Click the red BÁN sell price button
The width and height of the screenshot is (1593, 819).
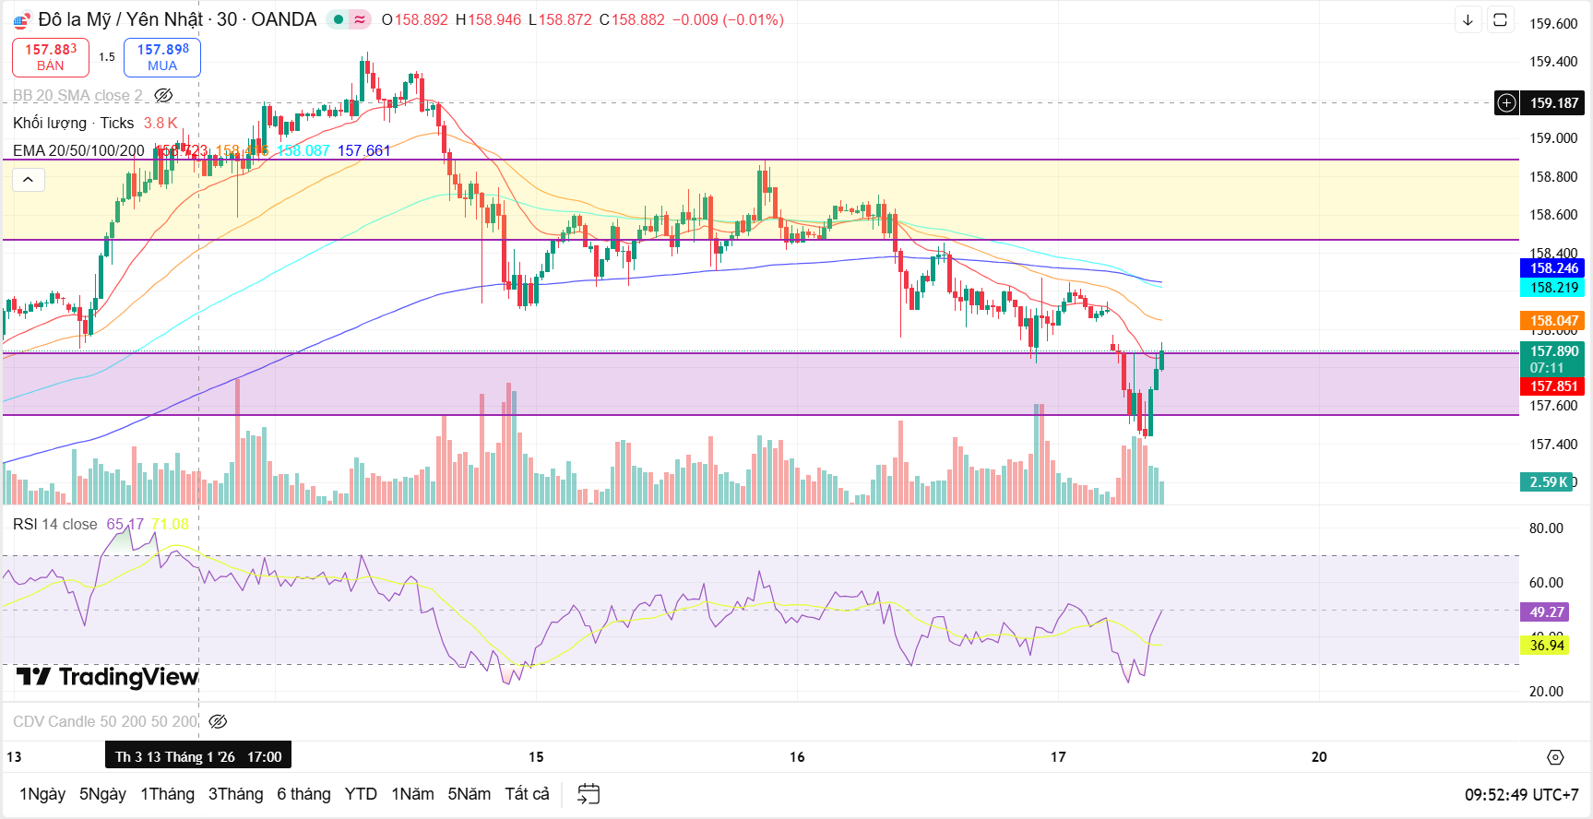51,57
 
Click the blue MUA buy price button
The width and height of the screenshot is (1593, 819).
162,57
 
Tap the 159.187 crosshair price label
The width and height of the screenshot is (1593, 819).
1553,103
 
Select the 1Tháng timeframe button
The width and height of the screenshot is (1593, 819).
167,794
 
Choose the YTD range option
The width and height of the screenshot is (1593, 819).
361,794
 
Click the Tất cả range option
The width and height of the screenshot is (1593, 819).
527,794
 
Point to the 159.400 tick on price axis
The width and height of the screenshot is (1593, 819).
1552,62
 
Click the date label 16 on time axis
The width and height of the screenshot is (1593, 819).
797,757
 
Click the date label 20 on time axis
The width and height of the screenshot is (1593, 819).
1319,757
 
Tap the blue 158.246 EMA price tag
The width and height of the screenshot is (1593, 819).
1553,268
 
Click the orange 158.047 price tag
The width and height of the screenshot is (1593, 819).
1553,321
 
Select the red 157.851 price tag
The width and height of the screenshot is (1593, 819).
1553,386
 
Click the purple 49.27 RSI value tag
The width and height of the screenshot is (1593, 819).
1546,612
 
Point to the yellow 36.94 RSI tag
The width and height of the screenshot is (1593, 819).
1546,646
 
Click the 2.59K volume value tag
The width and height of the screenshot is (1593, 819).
1547,482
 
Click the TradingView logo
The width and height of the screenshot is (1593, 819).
108,678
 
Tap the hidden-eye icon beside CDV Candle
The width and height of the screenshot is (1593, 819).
218,722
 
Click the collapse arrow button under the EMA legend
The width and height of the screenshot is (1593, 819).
29,180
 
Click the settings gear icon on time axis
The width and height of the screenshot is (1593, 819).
1555,757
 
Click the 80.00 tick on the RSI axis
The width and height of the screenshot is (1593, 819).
1546,528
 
